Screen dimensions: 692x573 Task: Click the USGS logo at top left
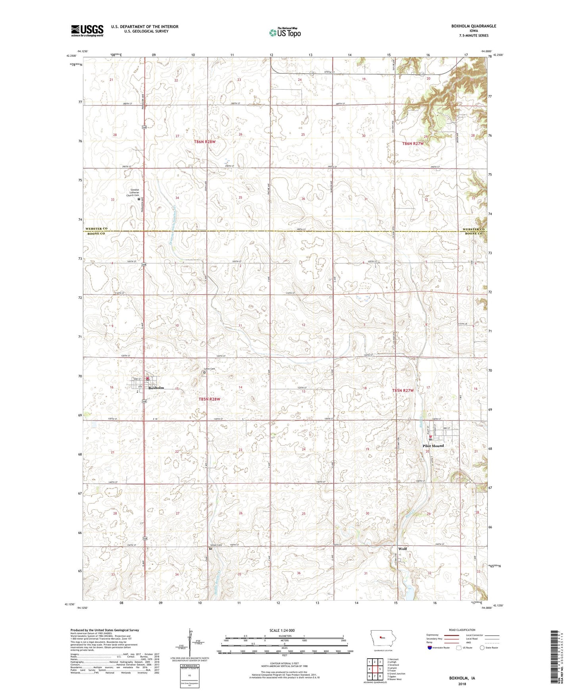(x=87, y=30)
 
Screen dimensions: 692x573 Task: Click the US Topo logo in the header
(x=284, y=32)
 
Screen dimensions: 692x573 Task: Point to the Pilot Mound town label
(x=433, y=445)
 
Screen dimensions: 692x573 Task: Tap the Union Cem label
(x=216, y=545)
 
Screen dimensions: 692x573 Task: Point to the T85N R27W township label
(x=402, y=390)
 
